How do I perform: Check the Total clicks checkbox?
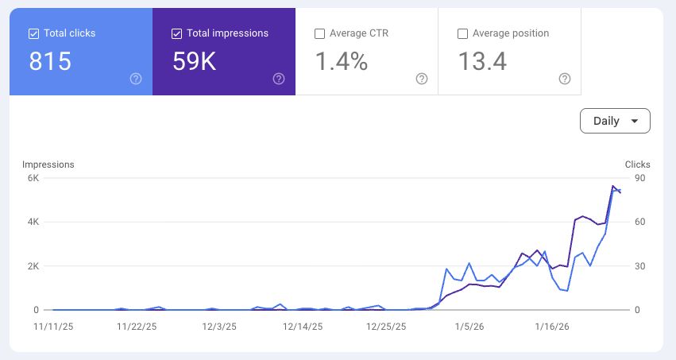pyautogui.click(x=33, y=33)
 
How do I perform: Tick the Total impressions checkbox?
pyautogui.click(x=177, y=33)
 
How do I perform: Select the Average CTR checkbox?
pyautogui.click(x=319, y=33)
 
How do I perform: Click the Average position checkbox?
pyautogui.click(x=462, y=33)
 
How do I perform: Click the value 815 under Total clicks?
pyautogui.click(x=50, y=61)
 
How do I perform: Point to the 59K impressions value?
pyautogui.click(x=194, y=61)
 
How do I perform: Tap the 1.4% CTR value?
pyautogui.click(x=342, y=61)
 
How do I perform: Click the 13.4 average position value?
pyautogui.click(x=482, y=61)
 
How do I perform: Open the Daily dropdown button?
pyautogui.click(x=615, y=121)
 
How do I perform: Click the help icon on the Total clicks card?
pyautogui.click(x=136, y=79)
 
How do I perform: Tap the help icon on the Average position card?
pyautogui.click(x=565, y=79)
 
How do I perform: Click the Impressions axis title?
pyautogui.click(x=48, y=165)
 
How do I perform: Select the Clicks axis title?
pyautogui.click(x=638, y=165)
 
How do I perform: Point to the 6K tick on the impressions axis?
pyautogui.click(x=33, y=178)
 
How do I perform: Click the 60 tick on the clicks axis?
pyautogui.click(x=640, y=222)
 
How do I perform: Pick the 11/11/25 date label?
pyautogui.click(x=53, y=327)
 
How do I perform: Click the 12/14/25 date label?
pyautogui.click(x=303, y=327)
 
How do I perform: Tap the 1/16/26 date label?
pyautogui.click(x=552, y=327)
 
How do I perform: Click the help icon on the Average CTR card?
pyautogui.click(x=422, y=79)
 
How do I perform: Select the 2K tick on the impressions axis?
pyautogui.click(x=33, y=266)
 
